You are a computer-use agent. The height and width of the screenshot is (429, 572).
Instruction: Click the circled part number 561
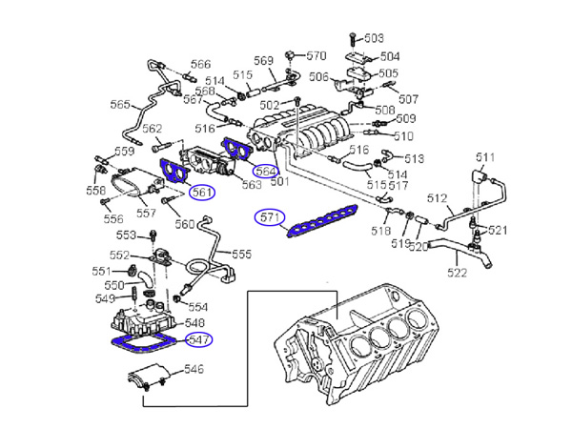(x=201, y=192)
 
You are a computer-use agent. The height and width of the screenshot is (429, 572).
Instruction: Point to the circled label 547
(x=197, y=338)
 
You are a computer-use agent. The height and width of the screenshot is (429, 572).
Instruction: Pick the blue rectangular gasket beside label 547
(x=143, y=344)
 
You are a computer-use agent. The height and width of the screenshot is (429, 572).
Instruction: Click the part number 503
(x=373, y=38)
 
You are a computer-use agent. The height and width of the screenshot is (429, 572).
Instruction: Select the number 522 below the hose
(x=458, y=273)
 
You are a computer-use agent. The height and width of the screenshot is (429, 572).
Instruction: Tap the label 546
(x=194, y=369)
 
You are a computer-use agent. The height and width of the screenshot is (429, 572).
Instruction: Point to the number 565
(x=121, y=105)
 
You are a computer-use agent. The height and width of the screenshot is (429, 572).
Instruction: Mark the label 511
(x=487, y=156)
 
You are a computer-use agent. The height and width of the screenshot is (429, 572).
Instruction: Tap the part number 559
(x=125, y=151)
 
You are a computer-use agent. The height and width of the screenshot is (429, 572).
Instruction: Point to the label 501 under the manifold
(x=279, y=180)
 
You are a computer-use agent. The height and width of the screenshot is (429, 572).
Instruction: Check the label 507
(x=408, y=99)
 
